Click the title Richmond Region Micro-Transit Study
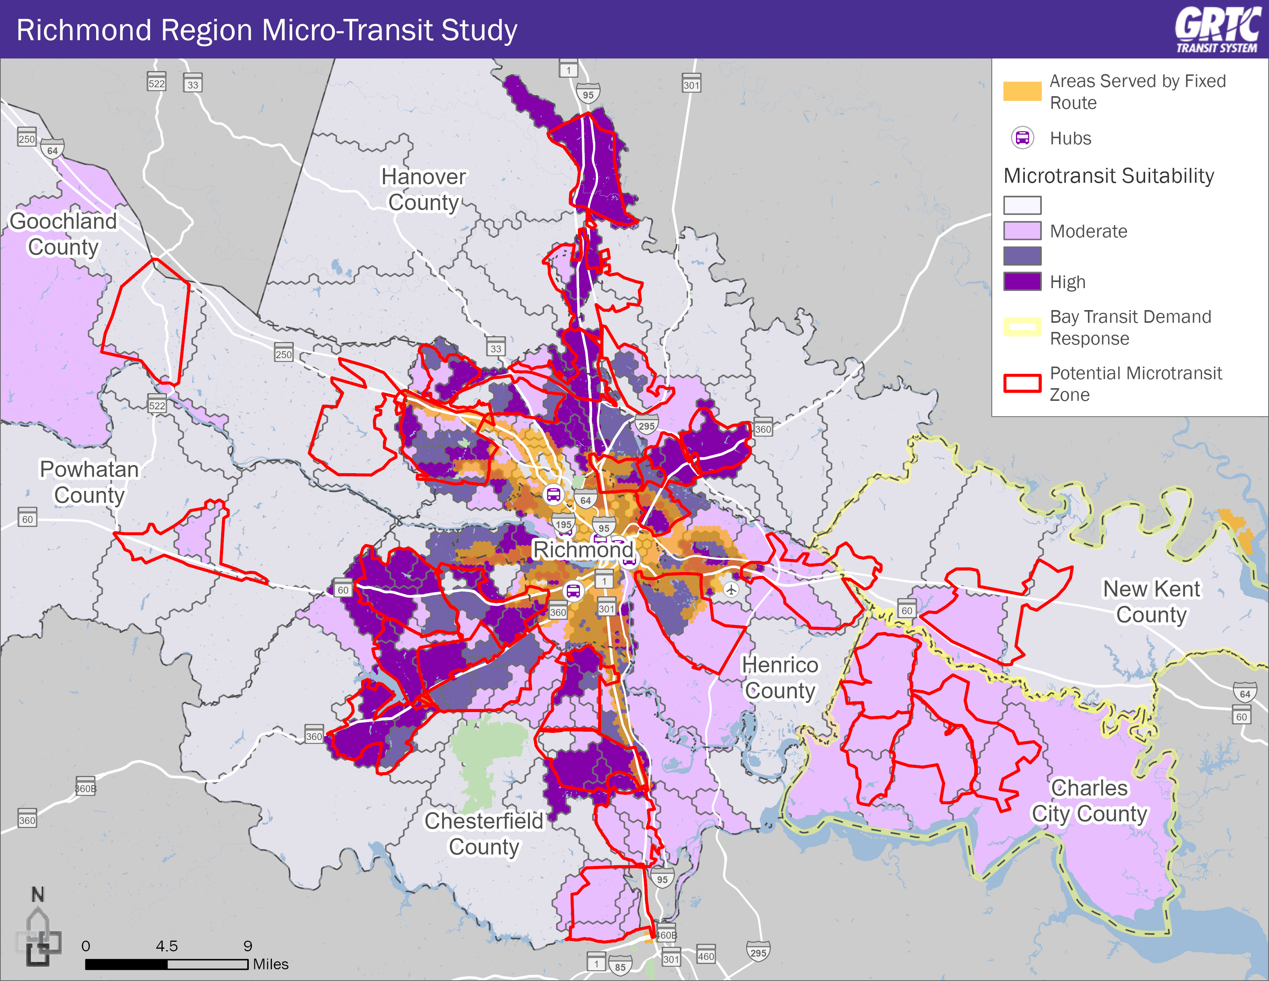pos(267,30)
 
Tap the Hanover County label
pos(424,189)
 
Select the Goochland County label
pos(63,234)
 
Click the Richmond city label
pos(583,549)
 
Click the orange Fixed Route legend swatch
pos(1022,91)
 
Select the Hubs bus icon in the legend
pos(1022,138)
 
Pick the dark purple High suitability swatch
pos(1022,281)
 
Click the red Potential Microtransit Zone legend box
pos(1022,384)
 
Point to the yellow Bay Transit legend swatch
pos(1022,327)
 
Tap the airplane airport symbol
pos(731,589)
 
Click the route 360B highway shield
pos(85,788)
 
